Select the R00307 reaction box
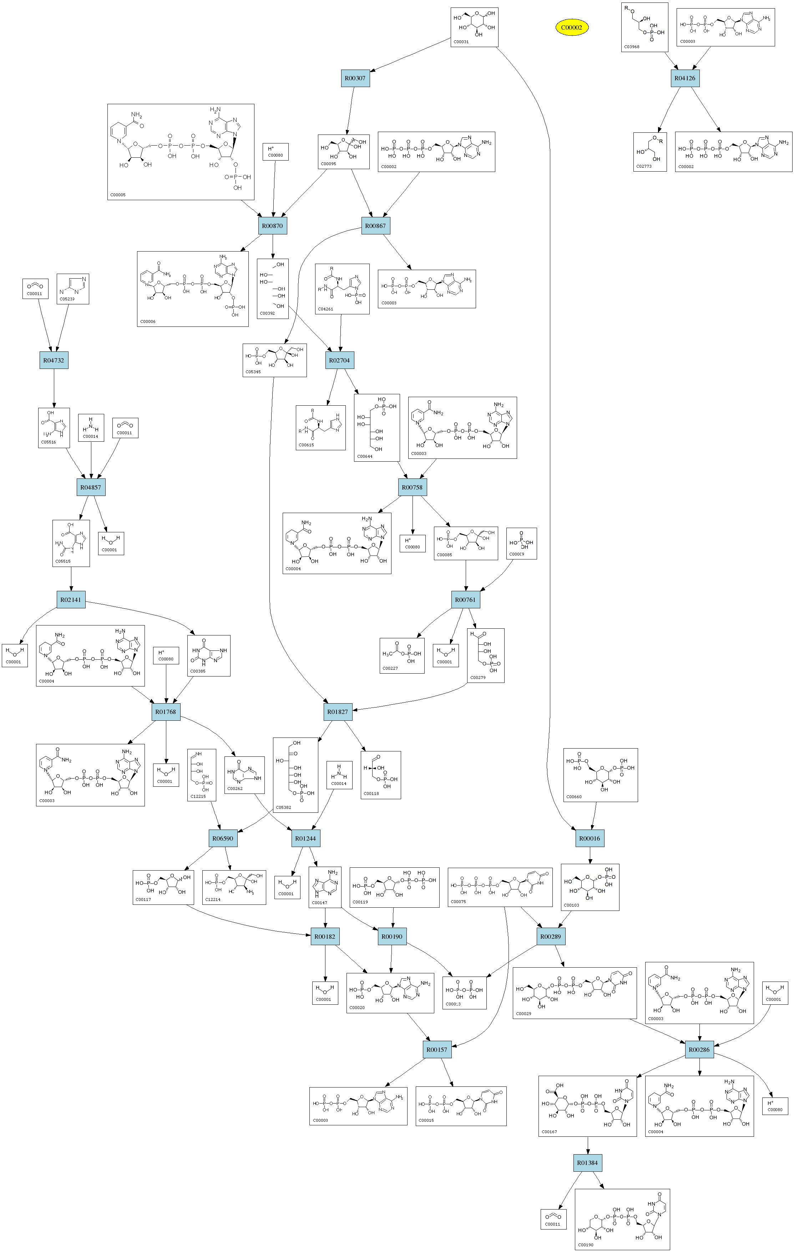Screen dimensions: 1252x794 [x=355, y=78]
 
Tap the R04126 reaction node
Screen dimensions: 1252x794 [x=684, y=78]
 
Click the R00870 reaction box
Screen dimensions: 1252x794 [x=273, y=225]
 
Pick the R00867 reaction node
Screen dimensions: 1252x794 [x=375, y=225]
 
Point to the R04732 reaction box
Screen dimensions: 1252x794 [x=54, y=360]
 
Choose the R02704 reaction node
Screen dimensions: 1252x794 [x=339, y=360]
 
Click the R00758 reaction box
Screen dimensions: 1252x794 [x=412, y=487]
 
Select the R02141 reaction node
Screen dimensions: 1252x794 [x=71, y=599]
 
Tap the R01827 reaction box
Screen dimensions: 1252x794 [x=338, y=712]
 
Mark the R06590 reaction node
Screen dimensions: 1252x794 [x=223, y=838]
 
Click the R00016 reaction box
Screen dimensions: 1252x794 [x=590, y=838]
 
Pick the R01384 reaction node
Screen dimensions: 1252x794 [x=588, y=1162]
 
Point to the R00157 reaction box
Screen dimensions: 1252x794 [x=437, y=1049]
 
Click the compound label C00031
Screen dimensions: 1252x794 [x=461, y=42]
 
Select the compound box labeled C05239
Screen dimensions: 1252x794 [x=73, y=289]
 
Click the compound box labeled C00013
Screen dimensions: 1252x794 [x=464, y=993]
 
